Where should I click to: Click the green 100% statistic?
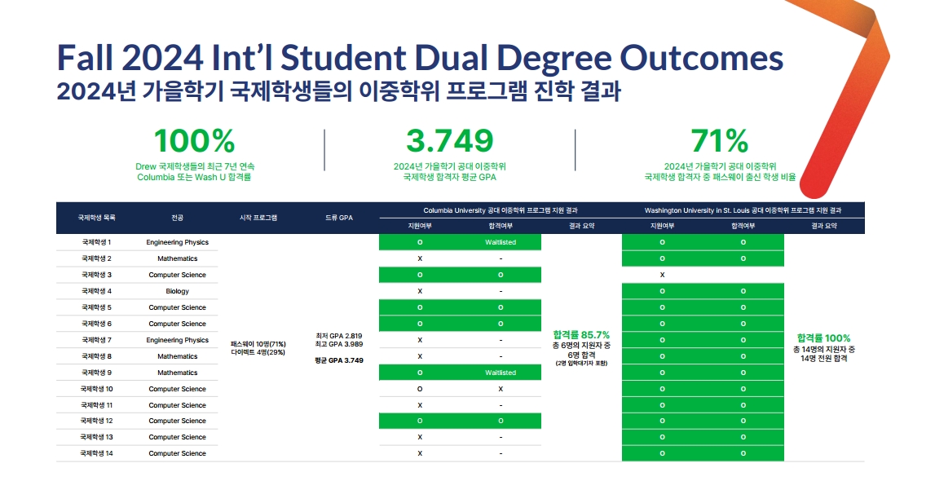coord(194,141)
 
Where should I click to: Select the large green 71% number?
coord(718,141)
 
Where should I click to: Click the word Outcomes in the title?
coord(701,58)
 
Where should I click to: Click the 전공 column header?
coord(177,218)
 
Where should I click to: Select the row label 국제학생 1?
coord(96,242)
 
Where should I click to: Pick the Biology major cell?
coord(177,291)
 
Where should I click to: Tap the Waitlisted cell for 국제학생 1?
coord(501,242)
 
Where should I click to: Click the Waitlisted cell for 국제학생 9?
coord(501,373)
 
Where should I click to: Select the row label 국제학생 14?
coord(96,453)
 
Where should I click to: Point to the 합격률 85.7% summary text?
coord(581,335)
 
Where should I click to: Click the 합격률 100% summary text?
coord(823,338)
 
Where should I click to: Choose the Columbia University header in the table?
coord(501,210)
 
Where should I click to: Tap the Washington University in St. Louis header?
coord(743,210)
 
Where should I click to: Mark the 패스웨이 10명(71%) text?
coord(258,345)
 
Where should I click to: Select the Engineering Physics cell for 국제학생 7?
coord(177,340)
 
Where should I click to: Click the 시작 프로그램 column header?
coord(258,218)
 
